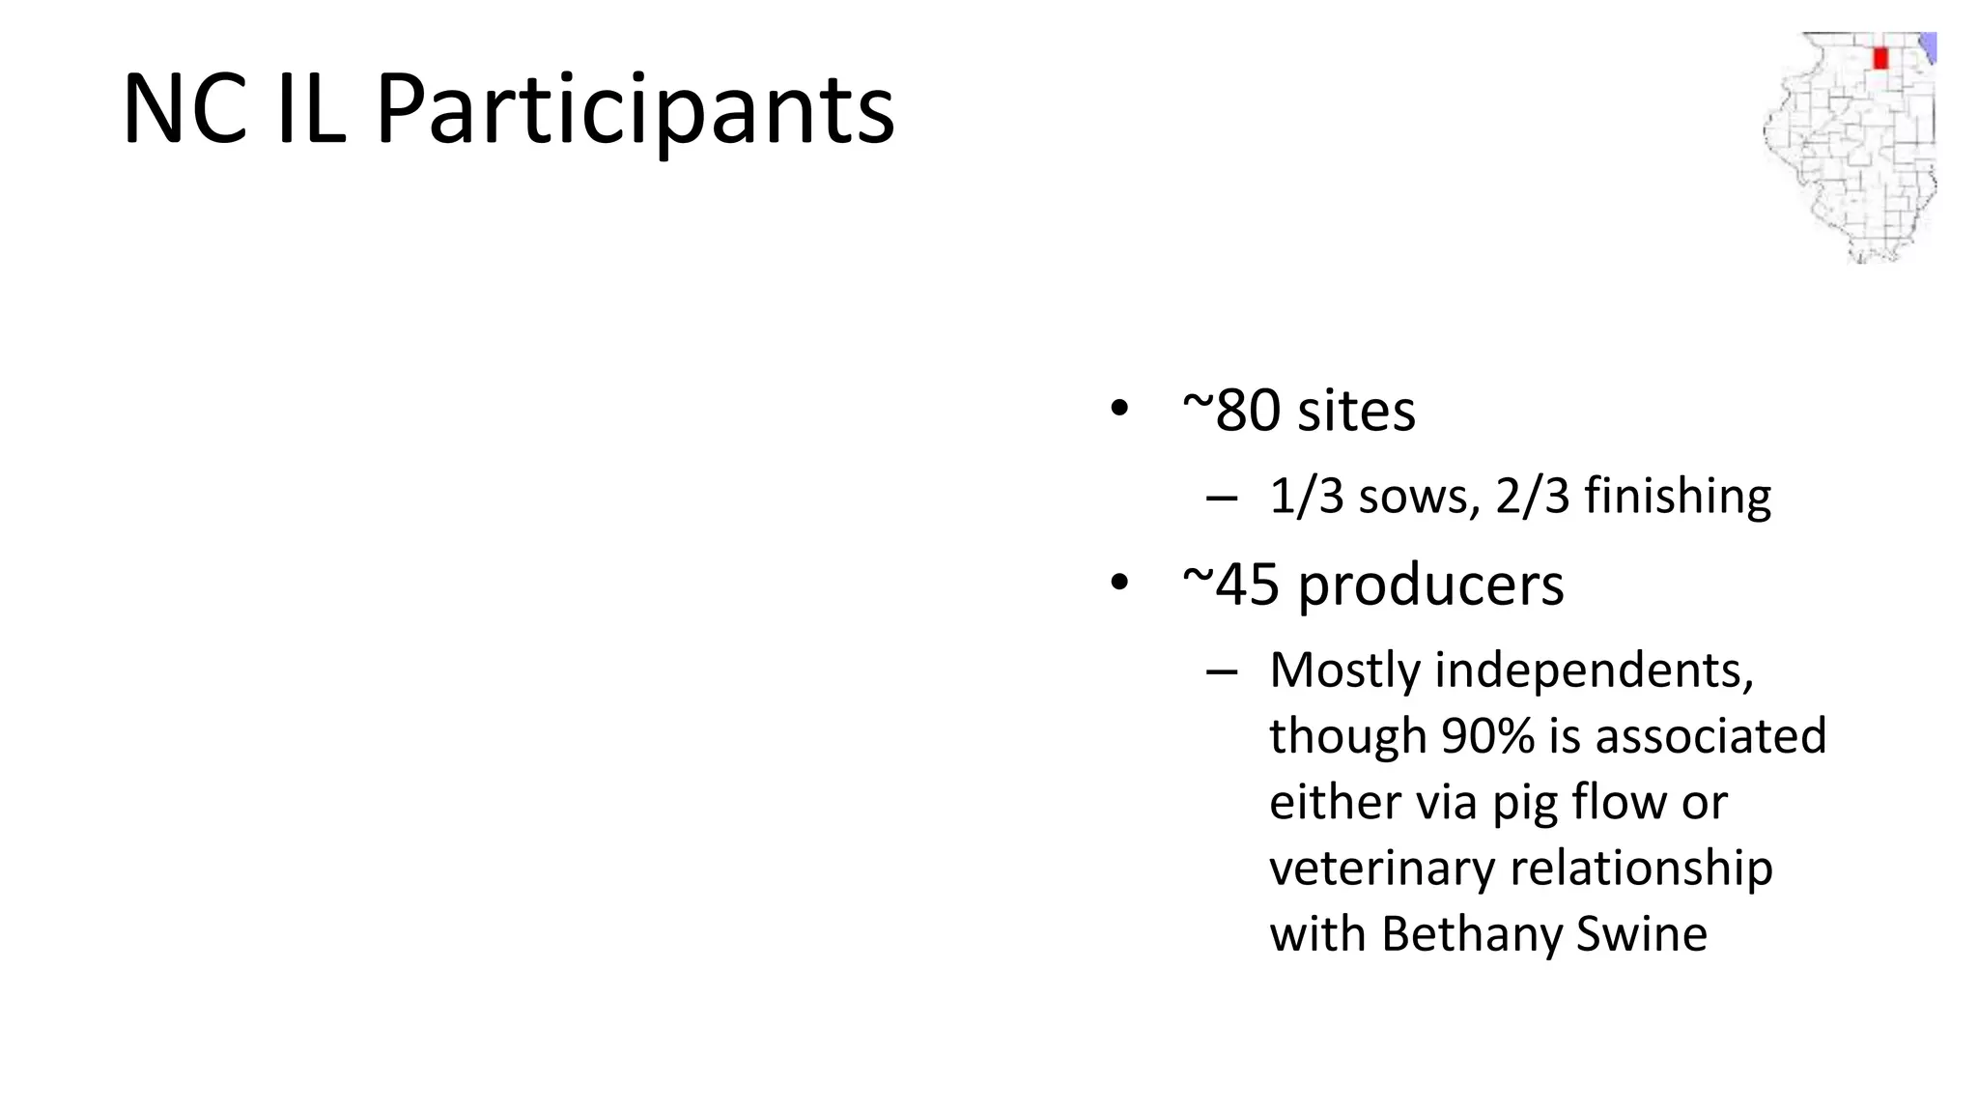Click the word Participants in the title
click(635, 109)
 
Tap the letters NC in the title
click(184, 109)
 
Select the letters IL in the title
click(311, 109)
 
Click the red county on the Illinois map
click(1879, 58)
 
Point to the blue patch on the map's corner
click(1927, 46)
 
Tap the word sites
click(1356, 411)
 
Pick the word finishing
click(1678, 498)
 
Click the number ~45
click(1230, 585)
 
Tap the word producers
click(1430, 586)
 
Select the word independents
click(1594, 670)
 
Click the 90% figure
click(1487, 736)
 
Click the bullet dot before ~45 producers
click(1119, 583)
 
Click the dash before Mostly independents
click(1222, 671)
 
